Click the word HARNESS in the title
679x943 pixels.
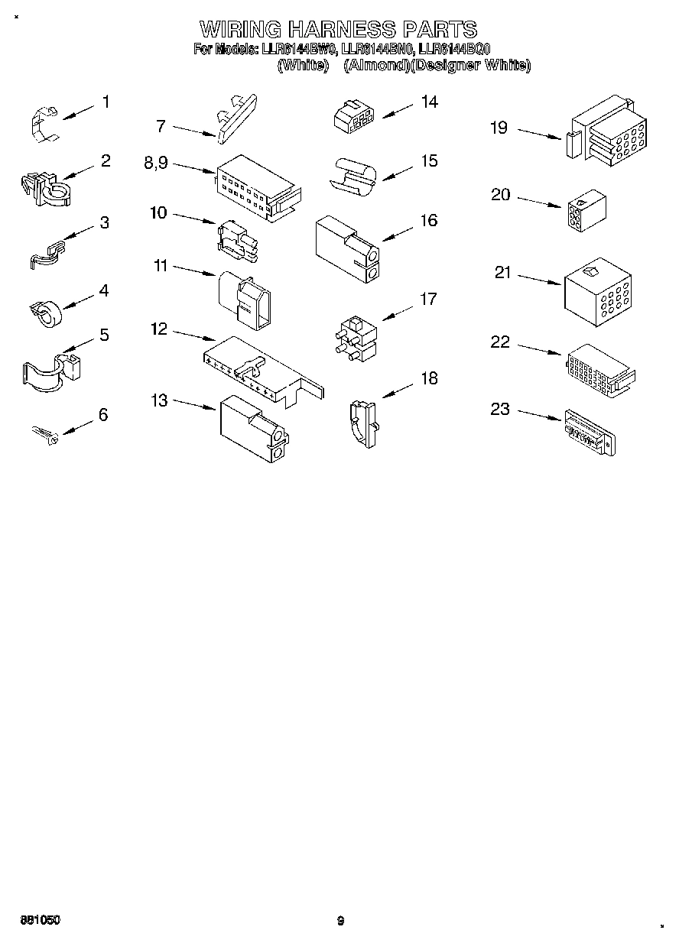tap(341, 29)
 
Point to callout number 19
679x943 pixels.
tap(499, 127)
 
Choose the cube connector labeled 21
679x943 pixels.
tap(596, 291)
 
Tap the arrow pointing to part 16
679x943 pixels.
tap(398, 232)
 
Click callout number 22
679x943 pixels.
tap(499, 342)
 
